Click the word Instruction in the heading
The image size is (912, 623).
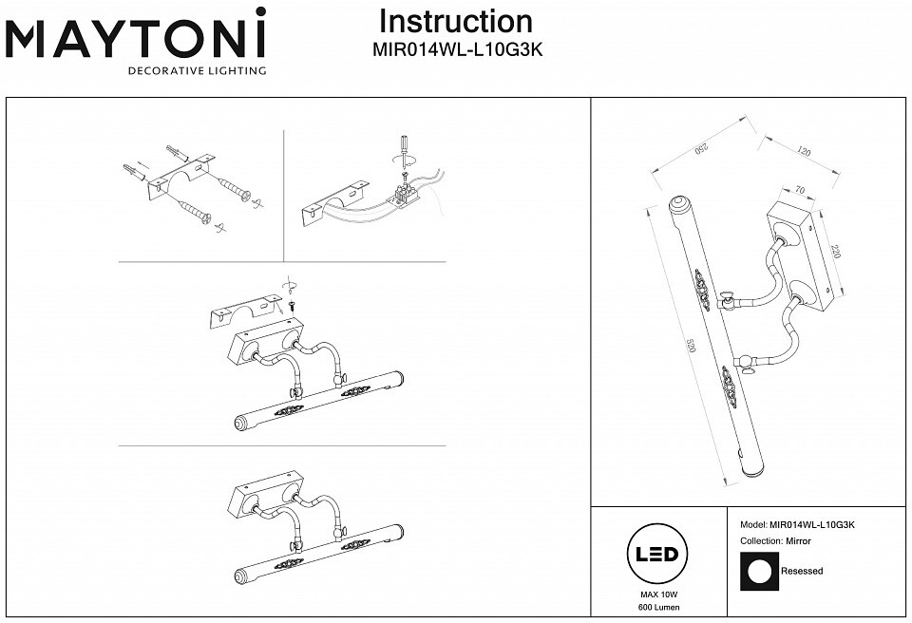click(x=456, y=22)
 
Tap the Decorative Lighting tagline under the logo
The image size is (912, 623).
click(x=198, y=71)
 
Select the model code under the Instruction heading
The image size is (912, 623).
click(x=457, y=50)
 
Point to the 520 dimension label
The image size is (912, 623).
click(x=692, y=346)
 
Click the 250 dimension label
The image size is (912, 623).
click(x=701, y=148)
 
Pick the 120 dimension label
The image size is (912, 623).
click(x=804, y=151)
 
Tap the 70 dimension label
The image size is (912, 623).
click(x=800, y=190)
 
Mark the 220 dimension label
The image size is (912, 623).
click(x=836, y=252)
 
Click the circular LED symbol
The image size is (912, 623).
click(x=657, y=553)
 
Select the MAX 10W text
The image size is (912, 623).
click(x=659, y=595)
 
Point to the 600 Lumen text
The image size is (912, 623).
click(x=659, y=607)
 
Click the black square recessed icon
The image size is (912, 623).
click(x=759, y=572)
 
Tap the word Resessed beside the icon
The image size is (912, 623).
click(x=802, y=571)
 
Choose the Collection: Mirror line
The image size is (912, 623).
click(x=775, y=541)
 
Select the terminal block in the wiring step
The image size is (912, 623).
click(x=406, y=194)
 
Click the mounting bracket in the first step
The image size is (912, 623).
click(x=180, y=177)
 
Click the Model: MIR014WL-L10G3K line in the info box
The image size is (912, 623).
click(x=797, y=524)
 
